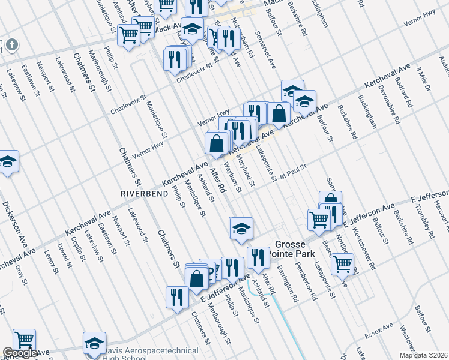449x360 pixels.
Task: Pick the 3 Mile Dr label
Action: coord(423,79)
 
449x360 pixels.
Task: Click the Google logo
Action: coord(20,353)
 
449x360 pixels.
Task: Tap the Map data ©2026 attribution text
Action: coord(423,355)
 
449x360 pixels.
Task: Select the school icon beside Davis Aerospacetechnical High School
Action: coord(94,343)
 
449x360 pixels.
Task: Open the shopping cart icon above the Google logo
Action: coord(24,340)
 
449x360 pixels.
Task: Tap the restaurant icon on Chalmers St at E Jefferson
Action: coord(177,296)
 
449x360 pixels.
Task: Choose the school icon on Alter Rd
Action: coord(241,228)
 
